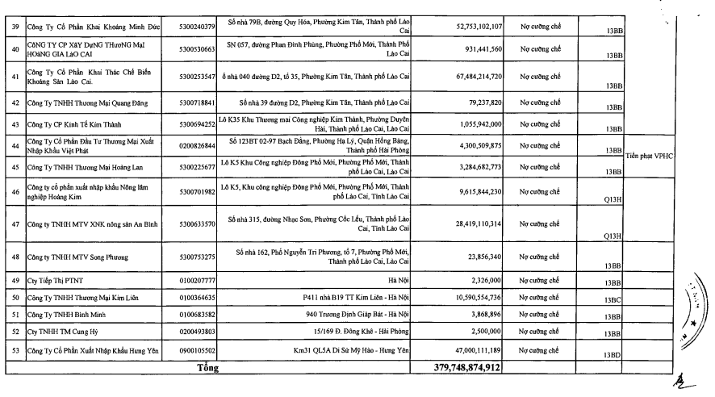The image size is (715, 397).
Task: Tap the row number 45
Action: point(13,167)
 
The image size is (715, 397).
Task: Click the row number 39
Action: point(13,27)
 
